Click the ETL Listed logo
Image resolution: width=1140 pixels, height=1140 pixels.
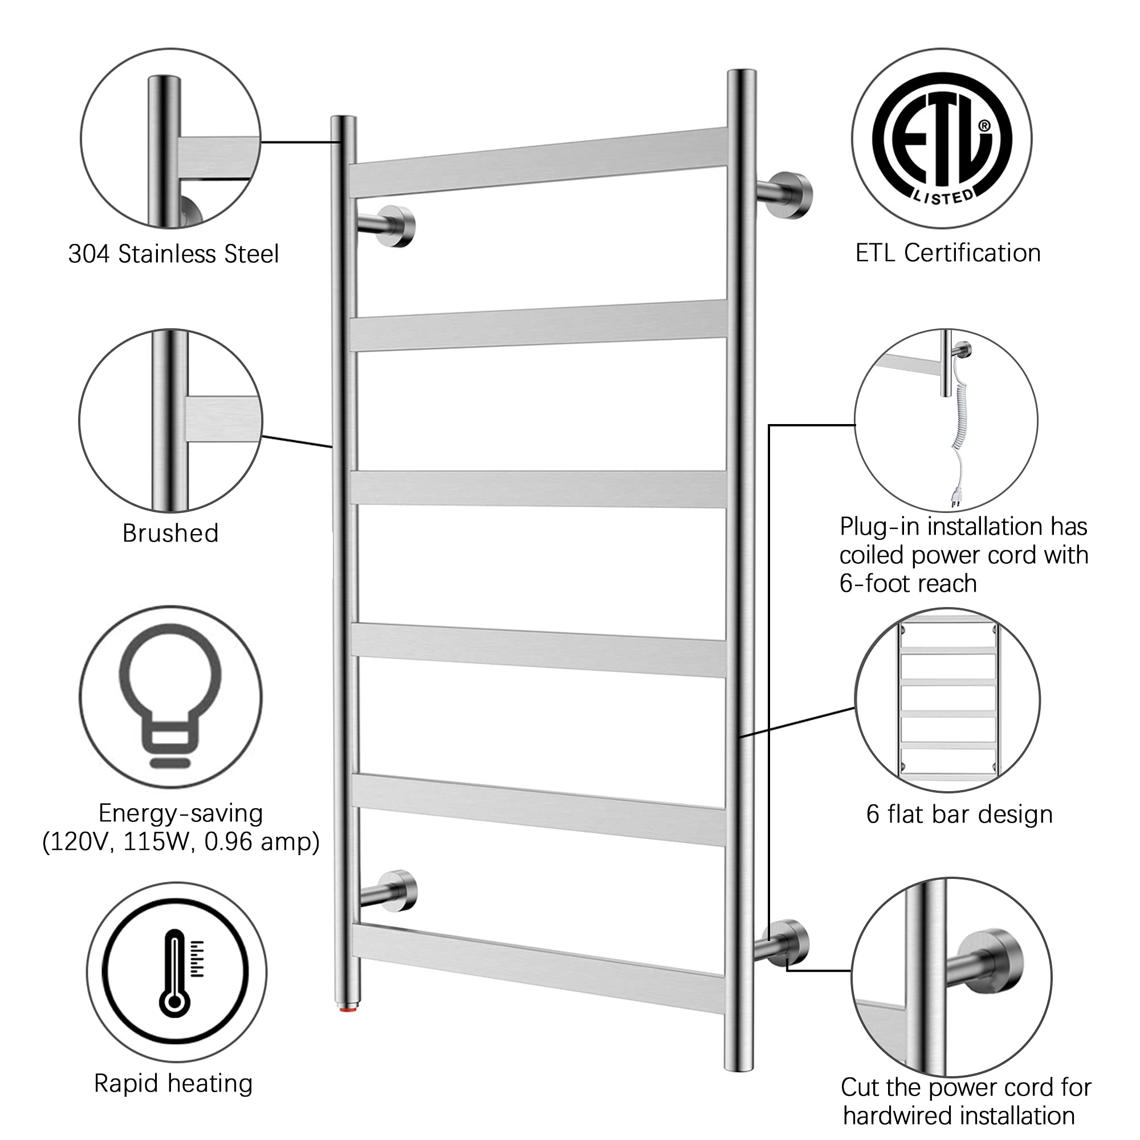(942, 139)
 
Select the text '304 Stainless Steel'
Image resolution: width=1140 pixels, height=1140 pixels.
(173, 254)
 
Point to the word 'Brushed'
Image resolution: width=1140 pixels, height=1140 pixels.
(170, 533)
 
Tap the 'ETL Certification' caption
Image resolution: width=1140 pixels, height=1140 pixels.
(948, 253)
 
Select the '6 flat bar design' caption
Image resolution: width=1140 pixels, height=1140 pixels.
(959, 815)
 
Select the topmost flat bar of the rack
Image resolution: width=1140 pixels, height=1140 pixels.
(538, 162)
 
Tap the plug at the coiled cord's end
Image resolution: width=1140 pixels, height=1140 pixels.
(955, 499)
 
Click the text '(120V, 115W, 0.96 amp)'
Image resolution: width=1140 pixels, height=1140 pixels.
(181, 842)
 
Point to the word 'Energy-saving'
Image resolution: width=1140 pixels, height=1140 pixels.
(181, 814)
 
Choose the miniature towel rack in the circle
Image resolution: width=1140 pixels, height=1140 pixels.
(948, 701)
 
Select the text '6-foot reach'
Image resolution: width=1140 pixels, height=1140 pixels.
(908, 584)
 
